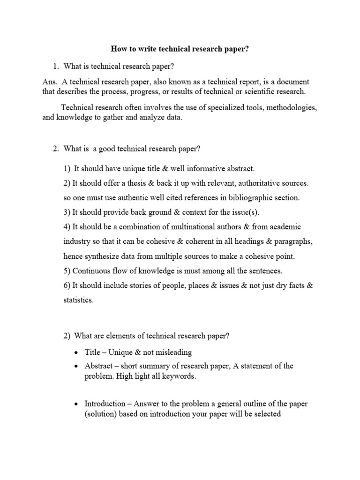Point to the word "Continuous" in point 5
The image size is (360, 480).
tap(90, 271)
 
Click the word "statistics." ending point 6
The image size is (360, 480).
tap(78, 300)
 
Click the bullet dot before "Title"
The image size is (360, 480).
tap(76, 352)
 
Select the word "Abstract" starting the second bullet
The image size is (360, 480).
tap(99, 366)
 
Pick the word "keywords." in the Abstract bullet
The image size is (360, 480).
tap(174, 376)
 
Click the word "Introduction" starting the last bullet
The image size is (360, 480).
tap(105, 404)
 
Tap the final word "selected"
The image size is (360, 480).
tap(266, 414)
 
